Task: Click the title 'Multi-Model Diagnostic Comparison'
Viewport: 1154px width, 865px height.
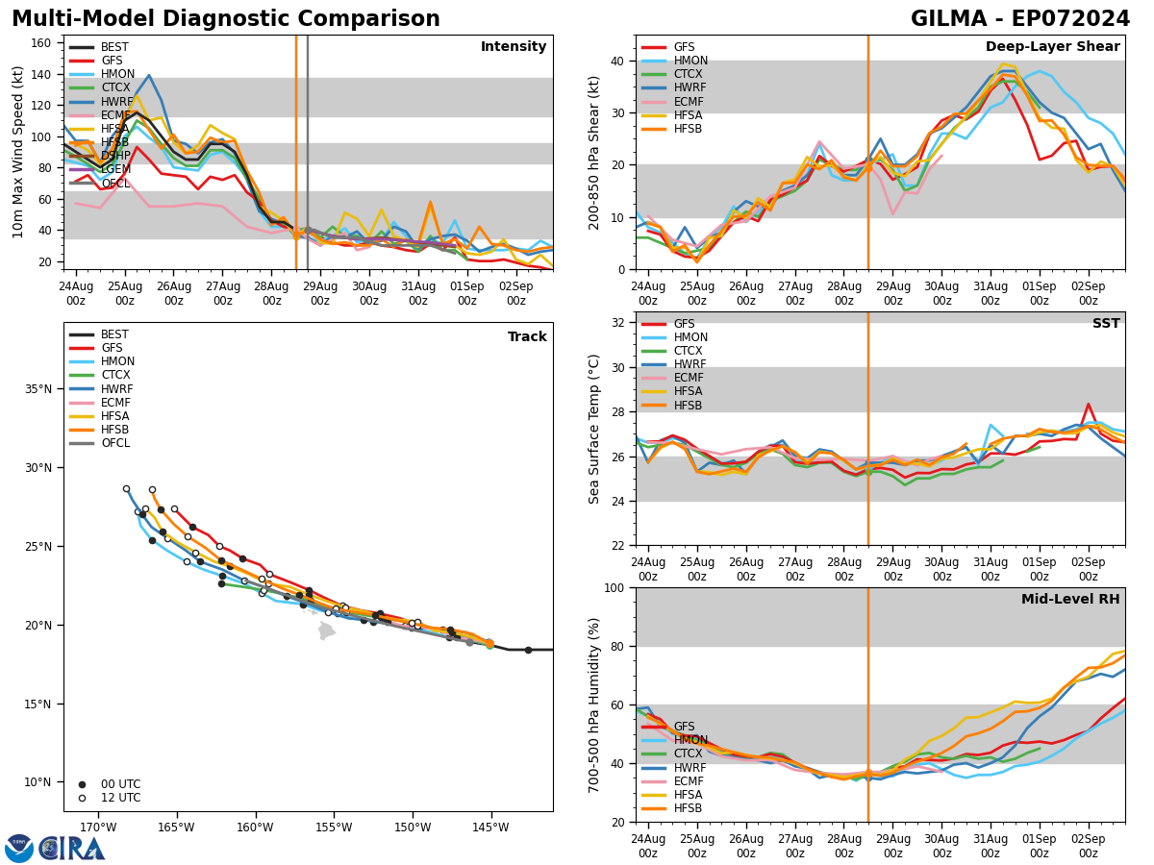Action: coord(226,19)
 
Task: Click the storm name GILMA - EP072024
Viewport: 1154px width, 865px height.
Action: coord(1020,19)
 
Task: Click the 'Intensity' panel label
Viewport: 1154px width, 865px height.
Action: coord(514,47)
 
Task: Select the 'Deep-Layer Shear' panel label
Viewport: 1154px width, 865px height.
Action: coord(1052,47)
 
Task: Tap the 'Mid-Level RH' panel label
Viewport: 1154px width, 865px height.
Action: coord(1070,600)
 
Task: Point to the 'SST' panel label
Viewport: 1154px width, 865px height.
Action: coord(1106,324)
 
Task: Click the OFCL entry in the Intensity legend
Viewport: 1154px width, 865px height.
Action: coord(114,184)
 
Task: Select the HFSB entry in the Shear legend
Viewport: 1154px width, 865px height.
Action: coord(688,130)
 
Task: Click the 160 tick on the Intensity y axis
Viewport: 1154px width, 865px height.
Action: coord(44,43)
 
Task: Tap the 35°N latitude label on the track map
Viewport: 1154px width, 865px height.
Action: coord(38,389)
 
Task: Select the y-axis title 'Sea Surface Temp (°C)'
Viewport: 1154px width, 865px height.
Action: coord(594,429)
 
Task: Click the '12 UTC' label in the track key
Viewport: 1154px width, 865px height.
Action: coord(120,798)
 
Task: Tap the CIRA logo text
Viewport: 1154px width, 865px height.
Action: coord(72,849)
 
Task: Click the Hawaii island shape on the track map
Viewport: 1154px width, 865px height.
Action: coord(326,631)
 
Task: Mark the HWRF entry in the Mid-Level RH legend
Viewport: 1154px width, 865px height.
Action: coord(689,768)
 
